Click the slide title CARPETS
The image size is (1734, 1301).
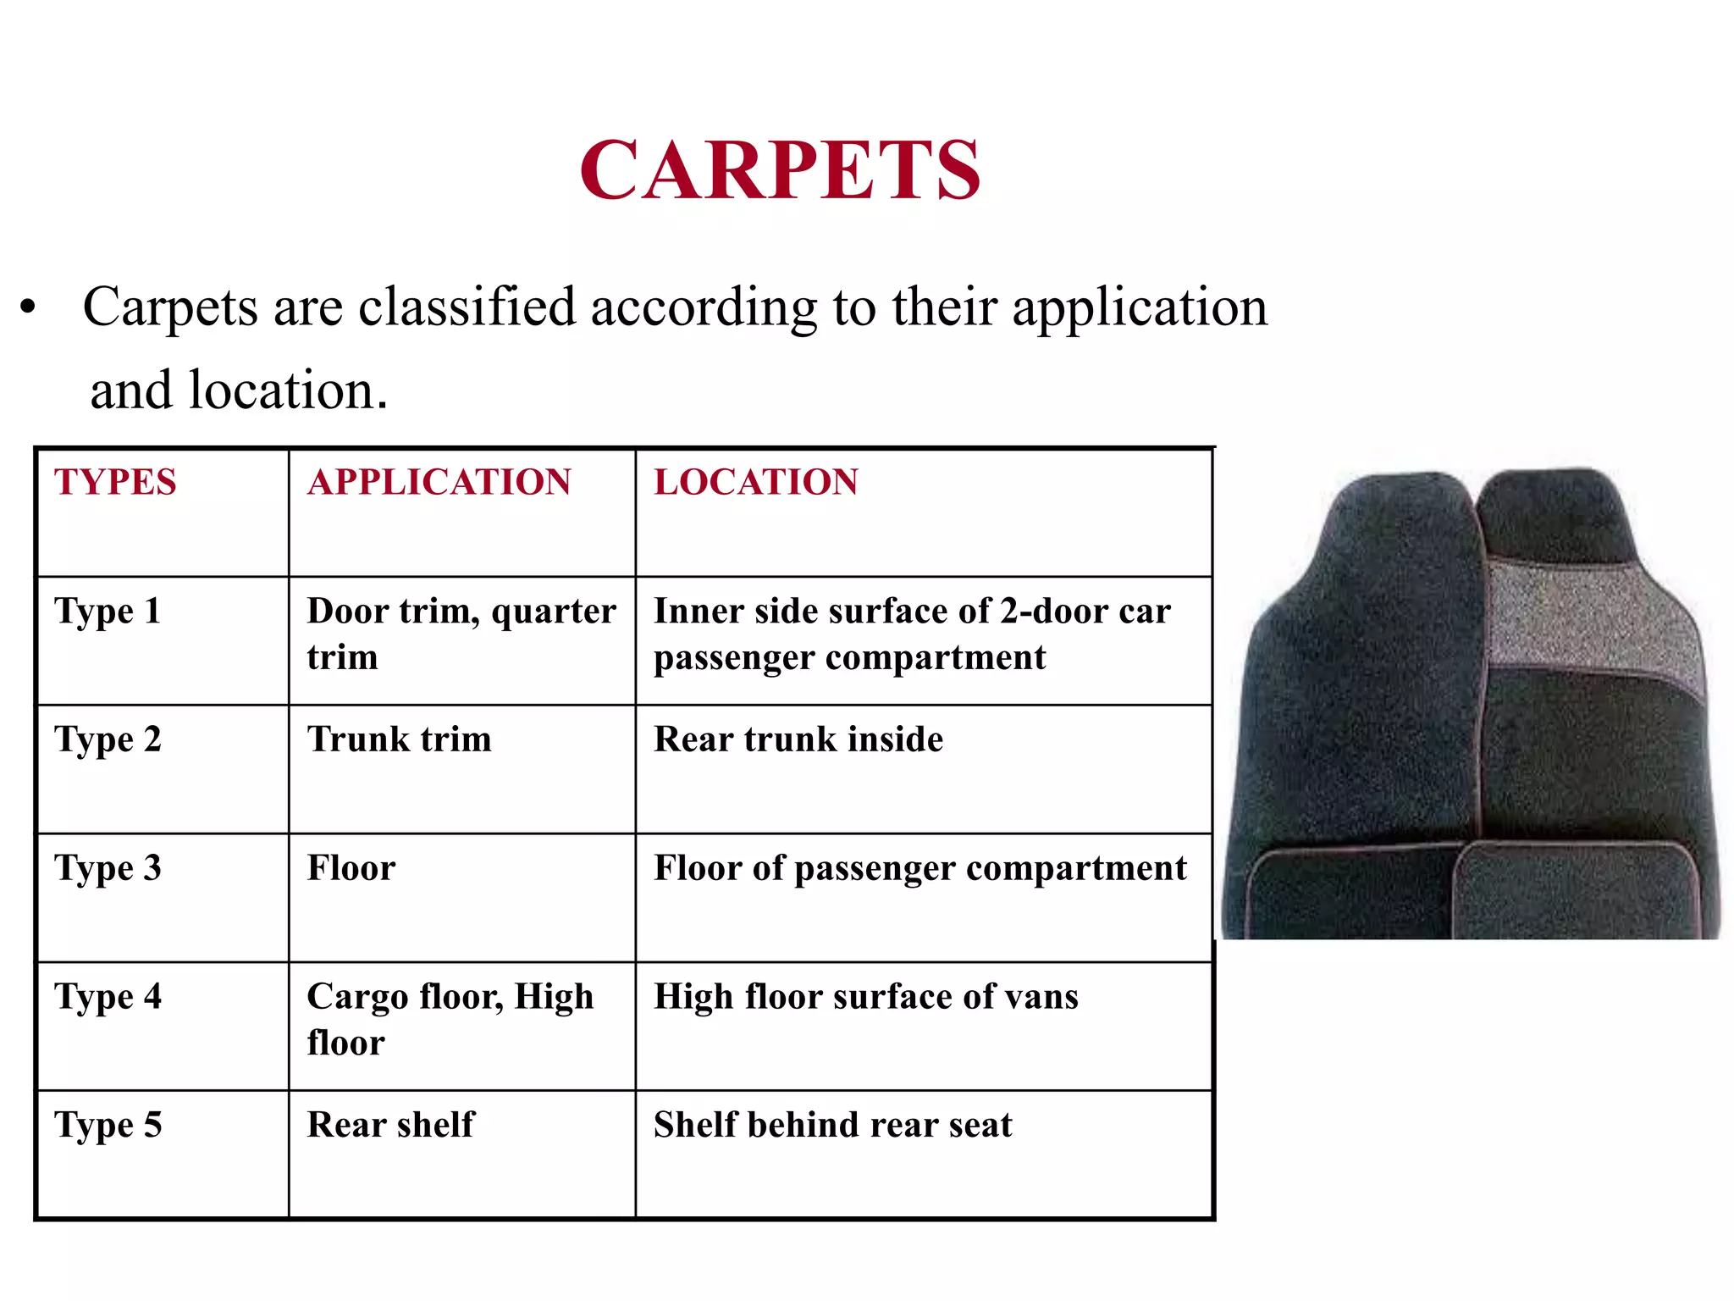[781, 170]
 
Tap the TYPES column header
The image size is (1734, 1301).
[115, 482]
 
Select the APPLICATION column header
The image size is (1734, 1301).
[439, 482]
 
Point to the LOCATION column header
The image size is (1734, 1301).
[756, 482]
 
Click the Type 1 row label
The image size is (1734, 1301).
[108, 612]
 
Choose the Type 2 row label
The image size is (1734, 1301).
[108, 740]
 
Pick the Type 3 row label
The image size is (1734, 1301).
[108, 869]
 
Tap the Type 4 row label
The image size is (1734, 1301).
[108, 998]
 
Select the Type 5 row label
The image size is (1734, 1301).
[108, 1126]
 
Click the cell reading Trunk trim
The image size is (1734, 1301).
[399, 739]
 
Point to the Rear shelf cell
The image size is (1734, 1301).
[390, 1125]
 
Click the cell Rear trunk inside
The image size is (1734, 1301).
[798, 739]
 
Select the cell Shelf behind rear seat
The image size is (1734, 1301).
[832, 1125]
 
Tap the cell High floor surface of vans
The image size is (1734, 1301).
[865, 997]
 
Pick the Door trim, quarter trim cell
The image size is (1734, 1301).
[461, 634]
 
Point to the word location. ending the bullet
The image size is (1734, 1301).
[288, 390]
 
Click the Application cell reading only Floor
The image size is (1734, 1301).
[351, 868]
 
